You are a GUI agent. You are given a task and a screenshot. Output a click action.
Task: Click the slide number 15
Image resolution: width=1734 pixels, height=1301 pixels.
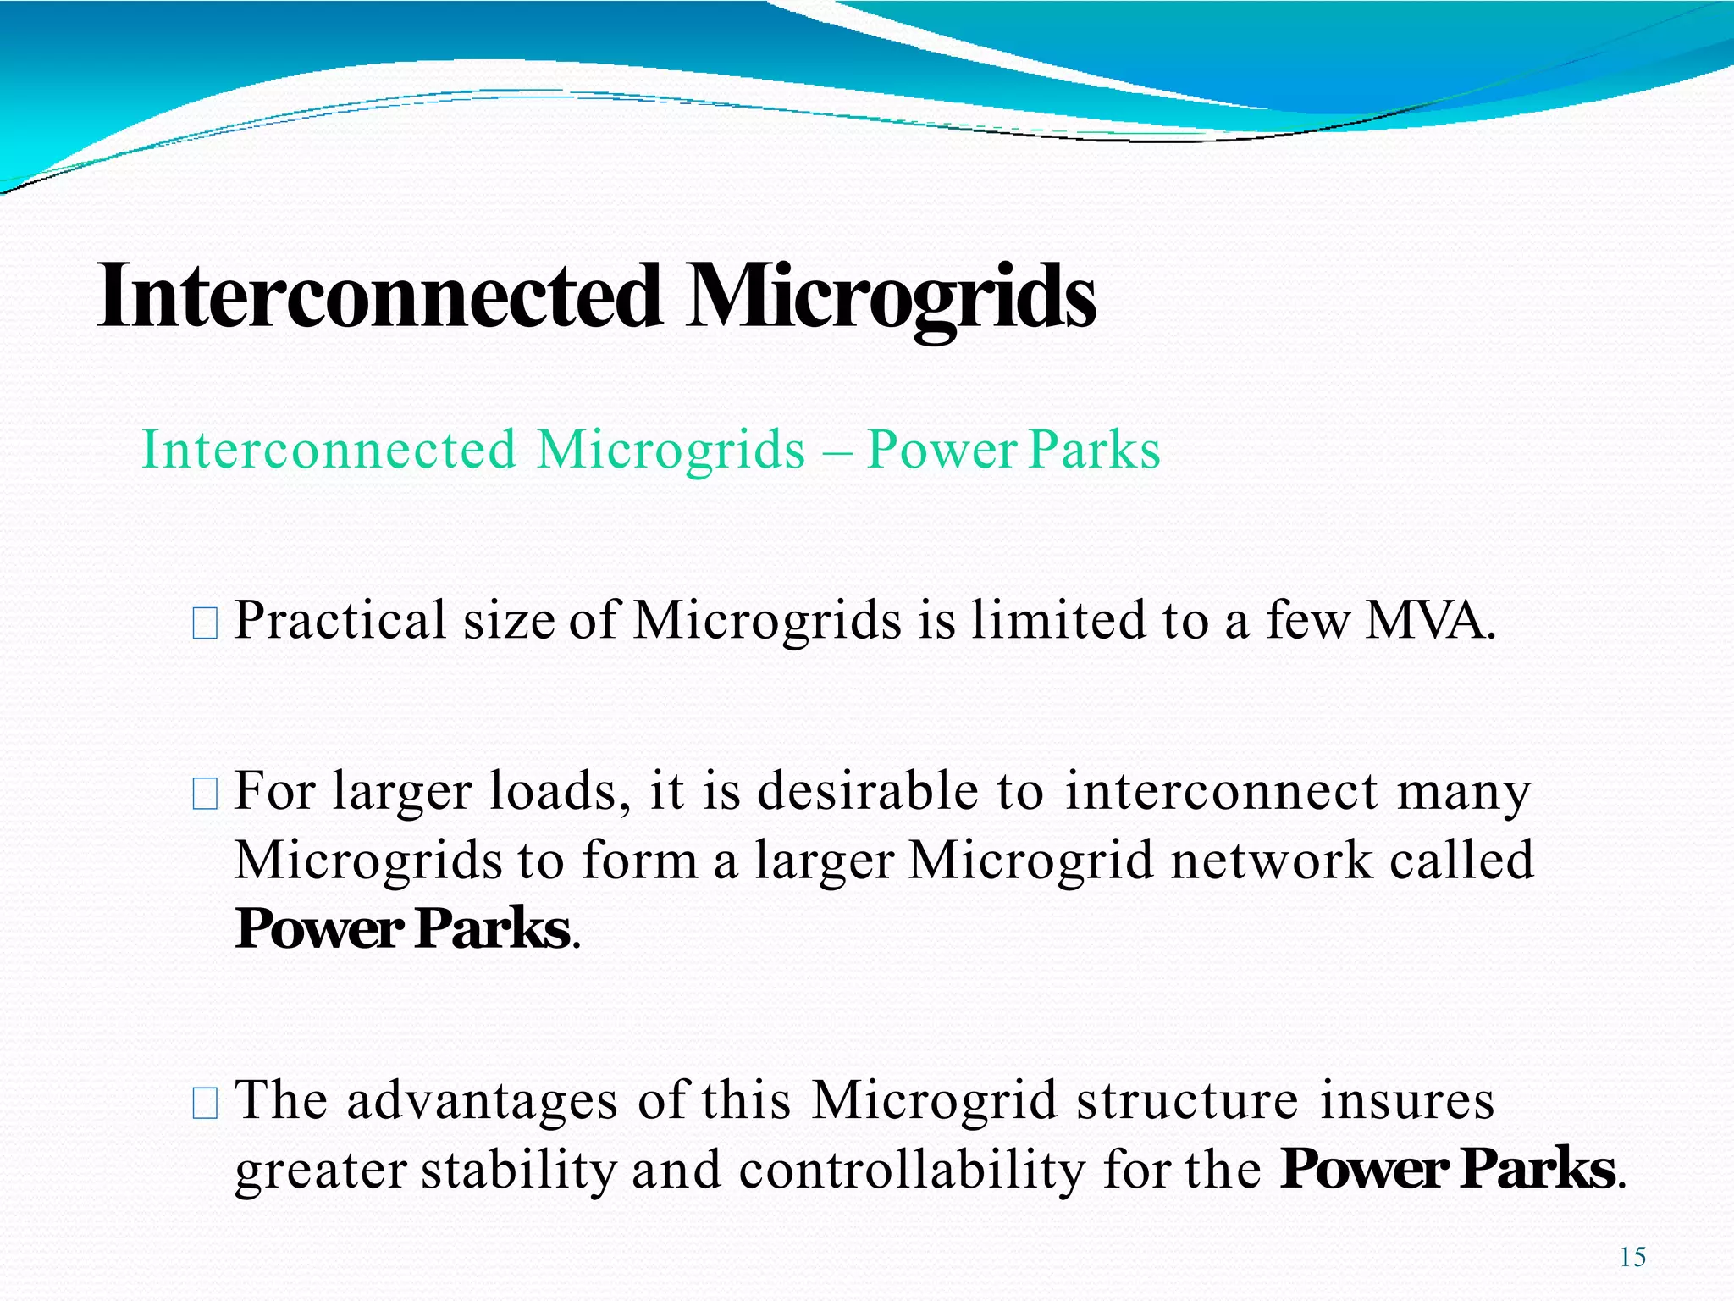tap(1632, 1257)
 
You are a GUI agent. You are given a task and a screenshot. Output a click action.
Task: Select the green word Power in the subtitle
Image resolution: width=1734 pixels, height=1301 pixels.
tap(941, 450)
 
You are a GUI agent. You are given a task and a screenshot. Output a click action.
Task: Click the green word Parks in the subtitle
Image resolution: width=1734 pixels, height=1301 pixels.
tap(1095, 450)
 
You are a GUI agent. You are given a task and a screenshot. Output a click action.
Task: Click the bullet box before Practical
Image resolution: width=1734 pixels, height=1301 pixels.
tap(205, 624)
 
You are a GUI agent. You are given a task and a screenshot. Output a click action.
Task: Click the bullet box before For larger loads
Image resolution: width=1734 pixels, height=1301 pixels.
tap(205, 794)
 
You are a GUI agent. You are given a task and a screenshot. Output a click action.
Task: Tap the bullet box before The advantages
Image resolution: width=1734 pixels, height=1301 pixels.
tap(205, 1104)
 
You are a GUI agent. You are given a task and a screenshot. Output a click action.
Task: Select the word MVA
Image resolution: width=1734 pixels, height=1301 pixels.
tap(1430, 620)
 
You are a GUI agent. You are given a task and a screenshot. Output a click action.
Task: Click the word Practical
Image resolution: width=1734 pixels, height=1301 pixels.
tap(340, 620)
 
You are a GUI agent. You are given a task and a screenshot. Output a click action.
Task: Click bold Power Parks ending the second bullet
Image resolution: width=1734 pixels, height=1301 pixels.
tap(403, 929)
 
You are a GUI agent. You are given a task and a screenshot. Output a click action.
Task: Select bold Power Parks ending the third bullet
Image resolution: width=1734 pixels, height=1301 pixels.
tap(1447, 1170)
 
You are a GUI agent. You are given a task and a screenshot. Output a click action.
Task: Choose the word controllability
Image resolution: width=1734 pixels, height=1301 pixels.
tap(911, 1171)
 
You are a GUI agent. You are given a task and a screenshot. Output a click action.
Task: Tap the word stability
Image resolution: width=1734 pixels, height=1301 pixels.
tap(518, 1171)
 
